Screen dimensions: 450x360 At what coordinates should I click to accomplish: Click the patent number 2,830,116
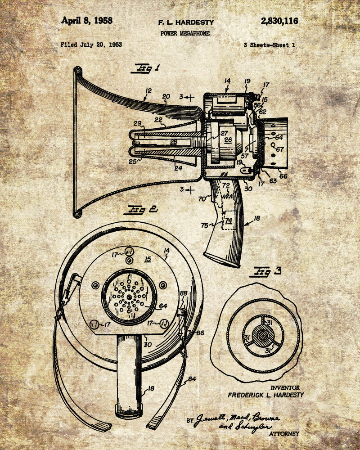click(279, 21)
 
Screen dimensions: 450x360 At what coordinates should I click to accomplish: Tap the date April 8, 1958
click(87, 21)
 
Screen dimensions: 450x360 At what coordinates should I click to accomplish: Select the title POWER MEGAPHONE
click(184, 33)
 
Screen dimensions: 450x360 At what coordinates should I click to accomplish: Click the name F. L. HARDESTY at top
click(186, 22)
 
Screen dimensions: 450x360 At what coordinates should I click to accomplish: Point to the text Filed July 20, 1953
click(91, 45)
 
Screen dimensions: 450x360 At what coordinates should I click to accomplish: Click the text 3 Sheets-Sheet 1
click(269, 45)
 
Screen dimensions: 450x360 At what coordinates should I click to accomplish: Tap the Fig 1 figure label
click(145, 69)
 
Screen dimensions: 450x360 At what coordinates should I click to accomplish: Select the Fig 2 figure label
click(142, 209)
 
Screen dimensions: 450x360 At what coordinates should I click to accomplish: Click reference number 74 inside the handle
click(229, 220)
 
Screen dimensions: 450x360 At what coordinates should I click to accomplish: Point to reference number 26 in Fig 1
click(228, 140)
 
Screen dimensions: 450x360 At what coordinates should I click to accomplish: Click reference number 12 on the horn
click(148, 91)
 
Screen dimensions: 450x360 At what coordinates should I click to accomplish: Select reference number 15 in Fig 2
click(148, 259)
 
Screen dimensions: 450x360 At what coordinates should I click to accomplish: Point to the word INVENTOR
click(285, 387)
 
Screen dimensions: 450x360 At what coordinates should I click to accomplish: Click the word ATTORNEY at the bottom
click(283, 434)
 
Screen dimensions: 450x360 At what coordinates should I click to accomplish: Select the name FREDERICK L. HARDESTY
click(265, 395)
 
